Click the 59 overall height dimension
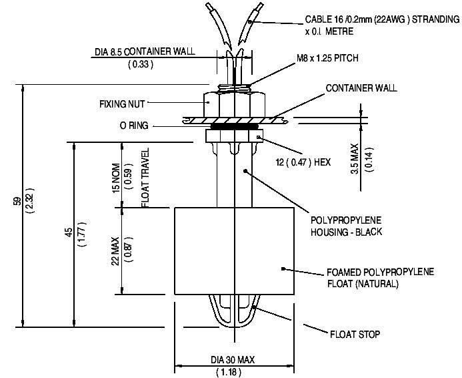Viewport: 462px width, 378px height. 16,202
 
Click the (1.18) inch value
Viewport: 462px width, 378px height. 233,371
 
